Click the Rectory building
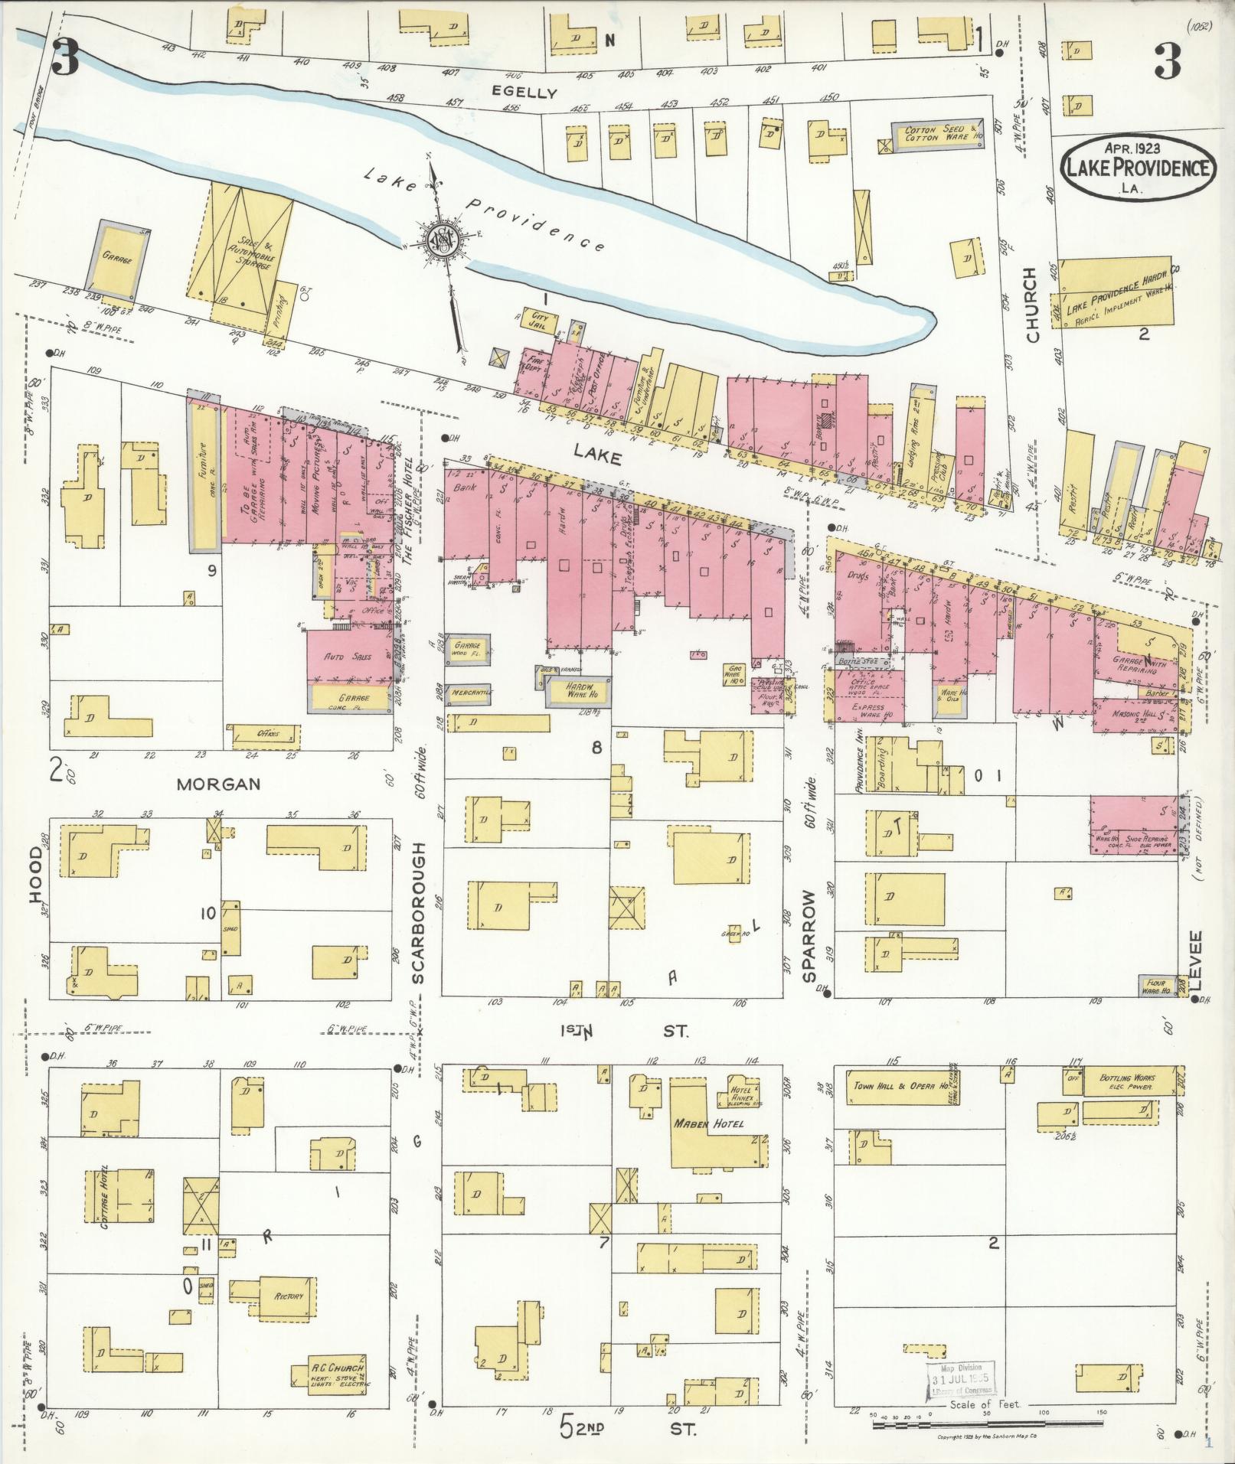[289, 1296]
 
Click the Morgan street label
[218, 784]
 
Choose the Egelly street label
[524, 93]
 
